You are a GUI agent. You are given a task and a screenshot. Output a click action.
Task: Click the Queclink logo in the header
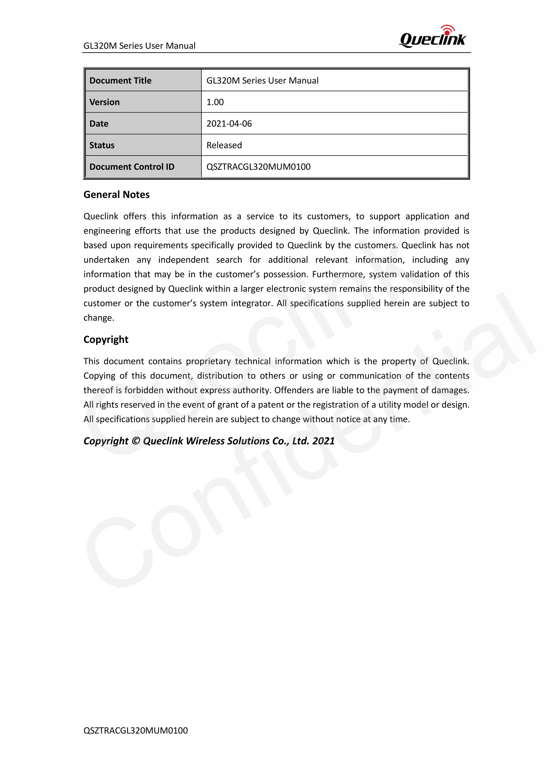(x=433, y=37)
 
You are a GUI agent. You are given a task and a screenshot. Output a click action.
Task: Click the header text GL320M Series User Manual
(x=139, y=46)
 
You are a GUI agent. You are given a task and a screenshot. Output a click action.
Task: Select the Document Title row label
(x=120, y=80)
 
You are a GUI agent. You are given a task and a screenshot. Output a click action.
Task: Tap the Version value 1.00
(x=215, y=102)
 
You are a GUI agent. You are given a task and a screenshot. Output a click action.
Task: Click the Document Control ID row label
(x=132, y=167)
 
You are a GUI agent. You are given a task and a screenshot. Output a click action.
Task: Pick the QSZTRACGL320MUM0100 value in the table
(x=258, y=167)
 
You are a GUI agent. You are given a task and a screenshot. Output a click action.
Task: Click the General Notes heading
(x=116, y=194)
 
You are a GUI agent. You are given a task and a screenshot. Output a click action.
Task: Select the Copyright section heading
(x=106, y=340)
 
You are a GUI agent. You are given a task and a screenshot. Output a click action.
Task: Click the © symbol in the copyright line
(x=136, y=441)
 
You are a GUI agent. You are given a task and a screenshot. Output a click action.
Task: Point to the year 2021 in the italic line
(x=323, y=441)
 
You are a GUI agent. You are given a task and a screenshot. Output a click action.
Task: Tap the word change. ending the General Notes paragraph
(x=99, y=318)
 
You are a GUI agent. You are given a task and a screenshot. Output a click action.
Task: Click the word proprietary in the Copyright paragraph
(x=208, y=361)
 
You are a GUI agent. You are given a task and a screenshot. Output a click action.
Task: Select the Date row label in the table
(x=99, y=124)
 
